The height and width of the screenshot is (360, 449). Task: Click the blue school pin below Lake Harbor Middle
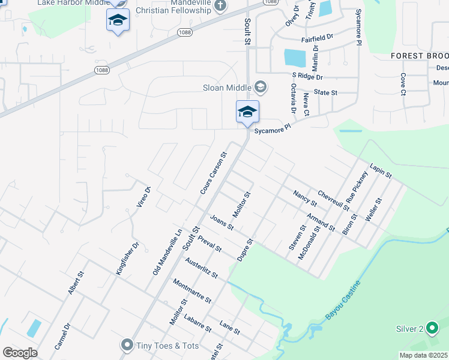coord(118,21)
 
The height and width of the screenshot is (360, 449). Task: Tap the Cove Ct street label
coord(403,85)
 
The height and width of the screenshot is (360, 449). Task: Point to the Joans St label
coord(221,223)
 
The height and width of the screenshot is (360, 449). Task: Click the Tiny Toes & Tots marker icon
coord(126,344)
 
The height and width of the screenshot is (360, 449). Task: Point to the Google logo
coord(20,353)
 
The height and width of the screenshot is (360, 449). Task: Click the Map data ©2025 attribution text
coord(424,355)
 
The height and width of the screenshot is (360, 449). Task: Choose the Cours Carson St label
coord(214,173)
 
